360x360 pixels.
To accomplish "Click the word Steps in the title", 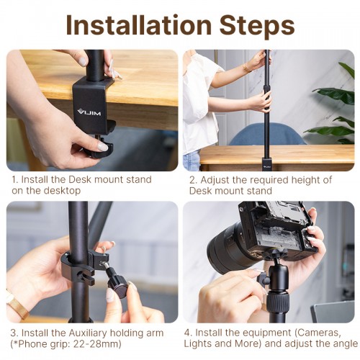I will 255,24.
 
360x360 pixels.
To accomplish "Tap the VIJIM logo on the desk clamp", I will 89,112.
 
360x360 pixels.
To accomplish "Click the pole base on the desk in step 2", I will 266,163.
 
